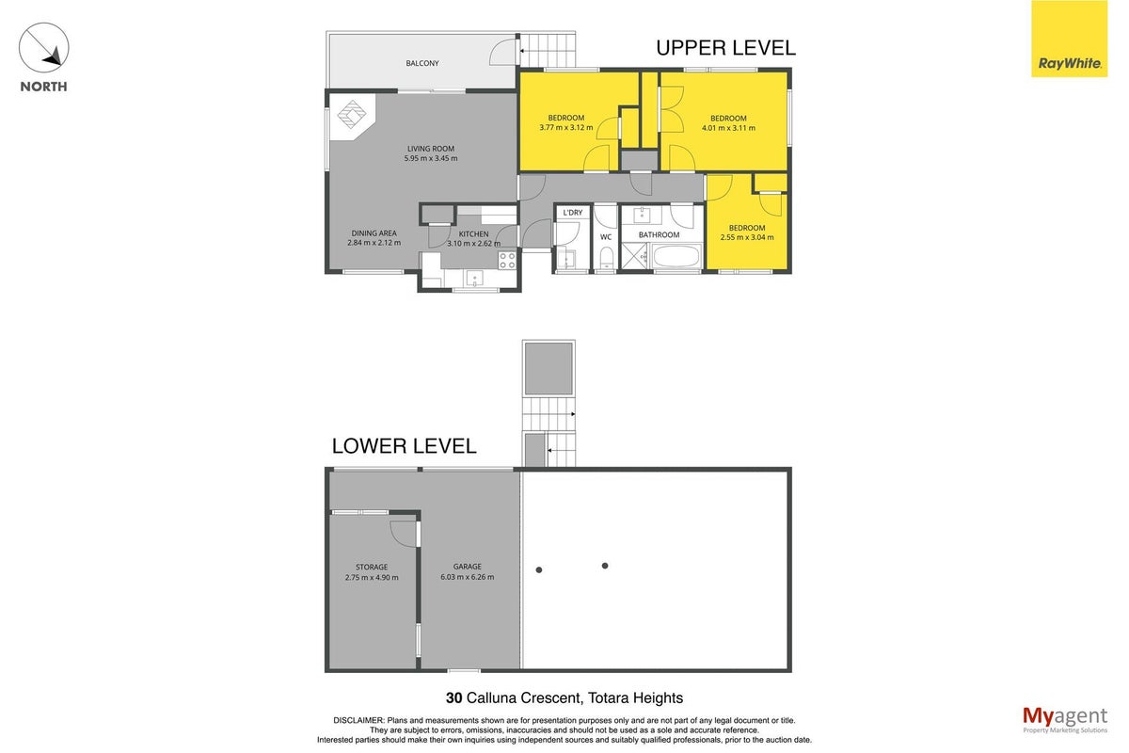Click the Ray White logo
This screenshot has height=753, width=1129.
coord(1069,39)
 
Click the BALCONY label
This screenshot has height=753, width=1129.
coord(422,63)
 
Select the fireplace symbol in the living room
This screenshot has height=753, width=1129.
coord(352,115)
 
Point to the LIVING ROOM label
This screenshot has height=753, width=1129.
coord(431,149)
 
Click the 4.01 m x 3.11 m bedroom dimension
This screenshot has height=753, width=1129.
coord(729,128)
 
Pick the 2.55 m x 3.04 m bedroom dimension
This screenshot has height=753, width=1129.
coord(747,237)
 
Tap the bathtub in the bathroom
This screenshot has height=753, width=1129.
coord(676,256)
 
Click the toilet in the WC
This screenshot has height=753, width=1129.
coord(606,258)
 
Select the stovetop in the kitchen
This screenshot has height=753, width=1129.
coord(507,260)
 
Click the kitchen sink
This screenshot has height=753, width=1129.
coord(474,279)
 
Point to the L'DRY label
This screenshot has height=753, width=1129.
coord(573,213)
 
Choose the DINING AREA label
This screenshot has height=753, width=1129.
coord(374,233)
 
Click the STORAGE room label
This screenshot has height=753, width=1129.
coord(372,567)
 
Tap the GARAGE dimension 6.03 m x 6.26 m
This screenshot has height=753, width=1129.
coord(468,576)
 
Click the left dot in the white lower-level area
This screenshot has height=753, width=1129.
coord(539,569)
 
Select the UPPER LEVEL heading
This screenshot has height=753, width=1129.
coord(725,48)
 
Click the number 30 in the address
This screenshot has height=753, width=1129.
coord(453,697)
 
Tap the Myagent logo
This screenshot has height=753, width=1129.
coord(1065,720)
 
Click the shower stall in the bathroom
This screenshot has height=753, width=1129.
coord(634,256)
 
